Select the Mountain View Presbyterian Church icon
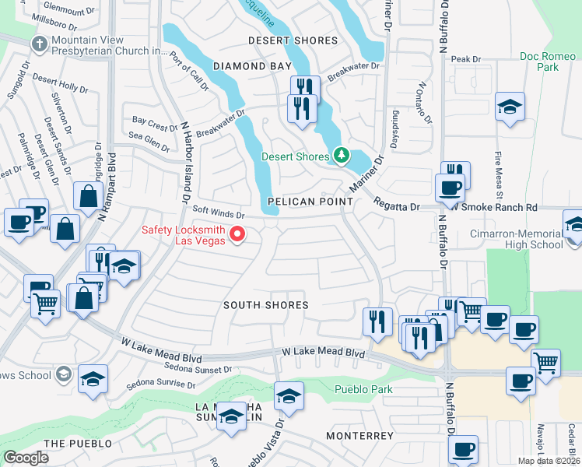coord(38,44)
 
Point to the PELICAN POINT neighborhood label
coord(310,202)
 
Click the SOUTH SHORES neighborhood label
coord(265,305)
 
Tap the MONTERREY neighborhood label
coord(359,436)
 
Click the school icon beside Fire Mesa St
coord(510,107)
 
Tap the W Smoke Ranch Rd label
coord(498,208)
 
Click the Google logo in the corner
coord(26,458)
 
